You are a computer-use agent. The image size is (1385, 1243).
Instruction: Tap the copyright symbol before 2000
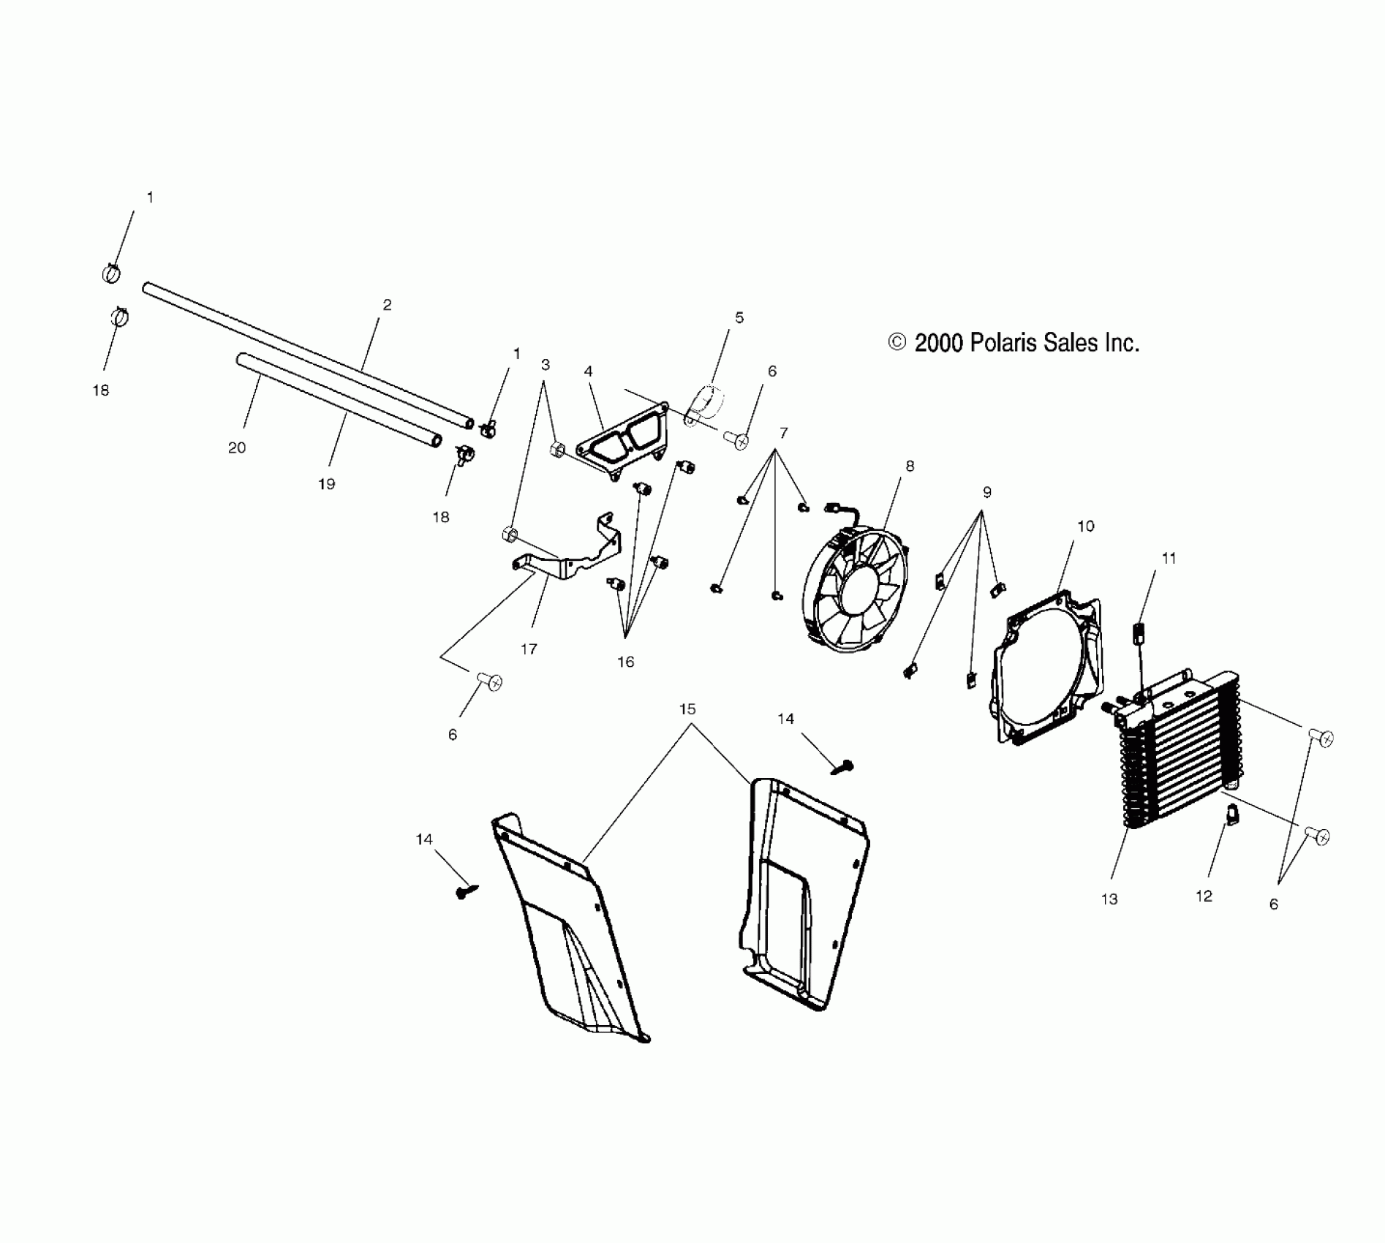click(897, 342)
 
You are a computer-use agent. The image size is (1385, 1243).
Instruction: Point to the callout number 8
click(910, 466)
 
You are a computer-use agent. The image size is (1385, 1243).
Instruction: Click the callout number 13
click(1109, 899)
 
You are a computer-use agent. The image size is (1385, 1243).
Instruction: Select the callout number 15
click(687, 709)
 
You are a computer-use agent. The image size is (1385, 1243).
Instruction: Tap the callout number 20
click(237, 447)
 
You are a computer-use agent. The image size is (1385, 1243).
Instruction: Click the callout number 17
click(529, 649)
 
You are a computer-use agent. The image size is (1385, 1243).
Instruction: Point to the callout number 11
click(1169, 558)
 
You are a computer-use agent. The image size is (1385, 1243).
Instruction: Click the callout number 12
click(1204, 896)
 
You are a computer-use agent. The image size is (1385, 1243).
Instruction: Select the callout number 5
click(739, 317)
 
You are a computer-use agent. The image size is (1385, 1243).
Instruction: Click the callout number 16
click(625, 662)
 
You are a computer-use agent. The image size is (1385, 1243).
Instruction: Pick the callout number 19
click(326, 483)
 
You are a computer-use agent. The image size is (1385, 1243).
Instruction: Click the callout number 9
click(986, 492)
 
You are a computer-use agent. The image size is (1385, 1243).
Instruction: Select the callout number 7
click(783, 433)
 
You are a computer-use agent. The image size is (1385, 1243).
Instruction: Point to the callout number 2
click(387, 305)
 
